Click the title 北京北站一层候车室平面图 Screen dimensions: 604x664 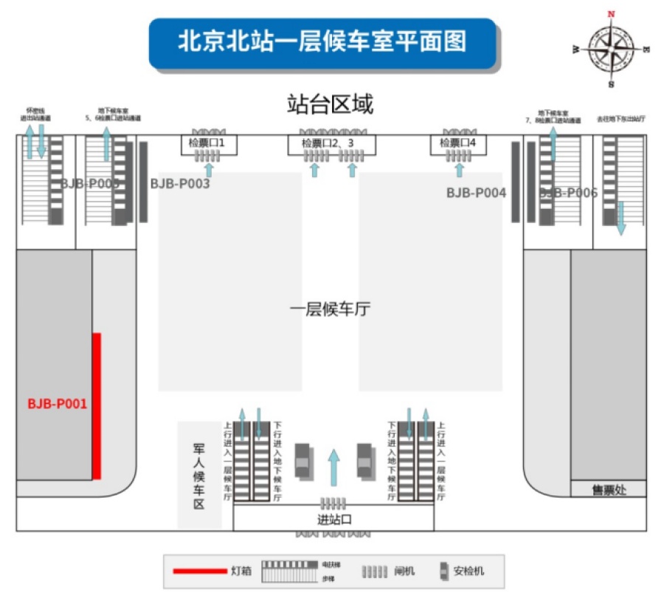pyautogui.click(x=322, y=41)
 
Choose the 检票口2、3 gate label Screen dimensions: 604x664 pyautogui.click(x=331, y=143)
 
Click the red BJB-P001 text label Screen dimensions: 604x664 pyautogui.click(x=58, y=404)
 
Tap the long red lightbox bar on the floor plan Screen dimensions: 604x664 pyautogui.click(x=96, y=406)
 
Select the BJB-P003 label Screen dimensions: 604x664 pyautogui.click(x=180, y=184)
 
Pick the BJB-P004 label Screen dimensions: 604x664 pyautogui.click(x=476, y=193)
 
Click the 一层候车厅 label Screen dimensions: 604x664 pyautogui.click(x=330, y=309)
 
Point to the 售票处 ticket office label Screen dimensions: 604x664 pyautogui.click(x=609, y=490)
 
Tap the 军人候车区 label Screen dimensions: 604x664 pyautogui.click(x=198, y=476)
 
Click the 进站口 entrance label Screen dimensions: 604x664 pyautogui.click(x=333, y=521)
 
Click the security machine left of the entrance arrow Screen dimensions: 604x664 pyautogui.click(x=302, y=460)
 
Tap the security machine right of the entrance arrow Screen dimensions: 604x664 pyautogui.click(x=364, y=460)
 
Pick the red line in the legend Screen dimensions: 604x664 pyautogui.click(x=198, y=571)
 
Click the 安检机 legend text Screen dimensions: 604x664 pyautogui.click(x=468, y=571)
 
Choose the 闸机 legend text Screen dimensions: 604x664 pyautogui.click(x=405, y=571)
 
